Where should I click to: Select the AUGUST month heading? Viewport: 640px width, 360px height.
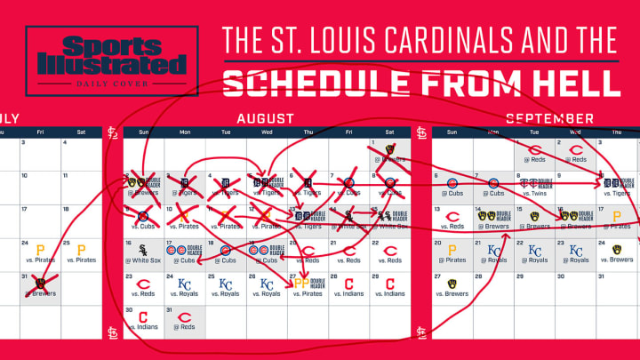coord(265,118)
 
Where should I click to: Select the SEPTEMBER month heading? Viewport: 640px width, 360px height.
coord(549,118)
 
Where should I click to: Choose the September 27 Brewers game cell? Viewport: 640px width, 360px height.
coord(452,288)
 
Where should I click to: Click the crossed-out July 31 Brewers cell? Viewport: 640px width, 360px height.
coord(40,286)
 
